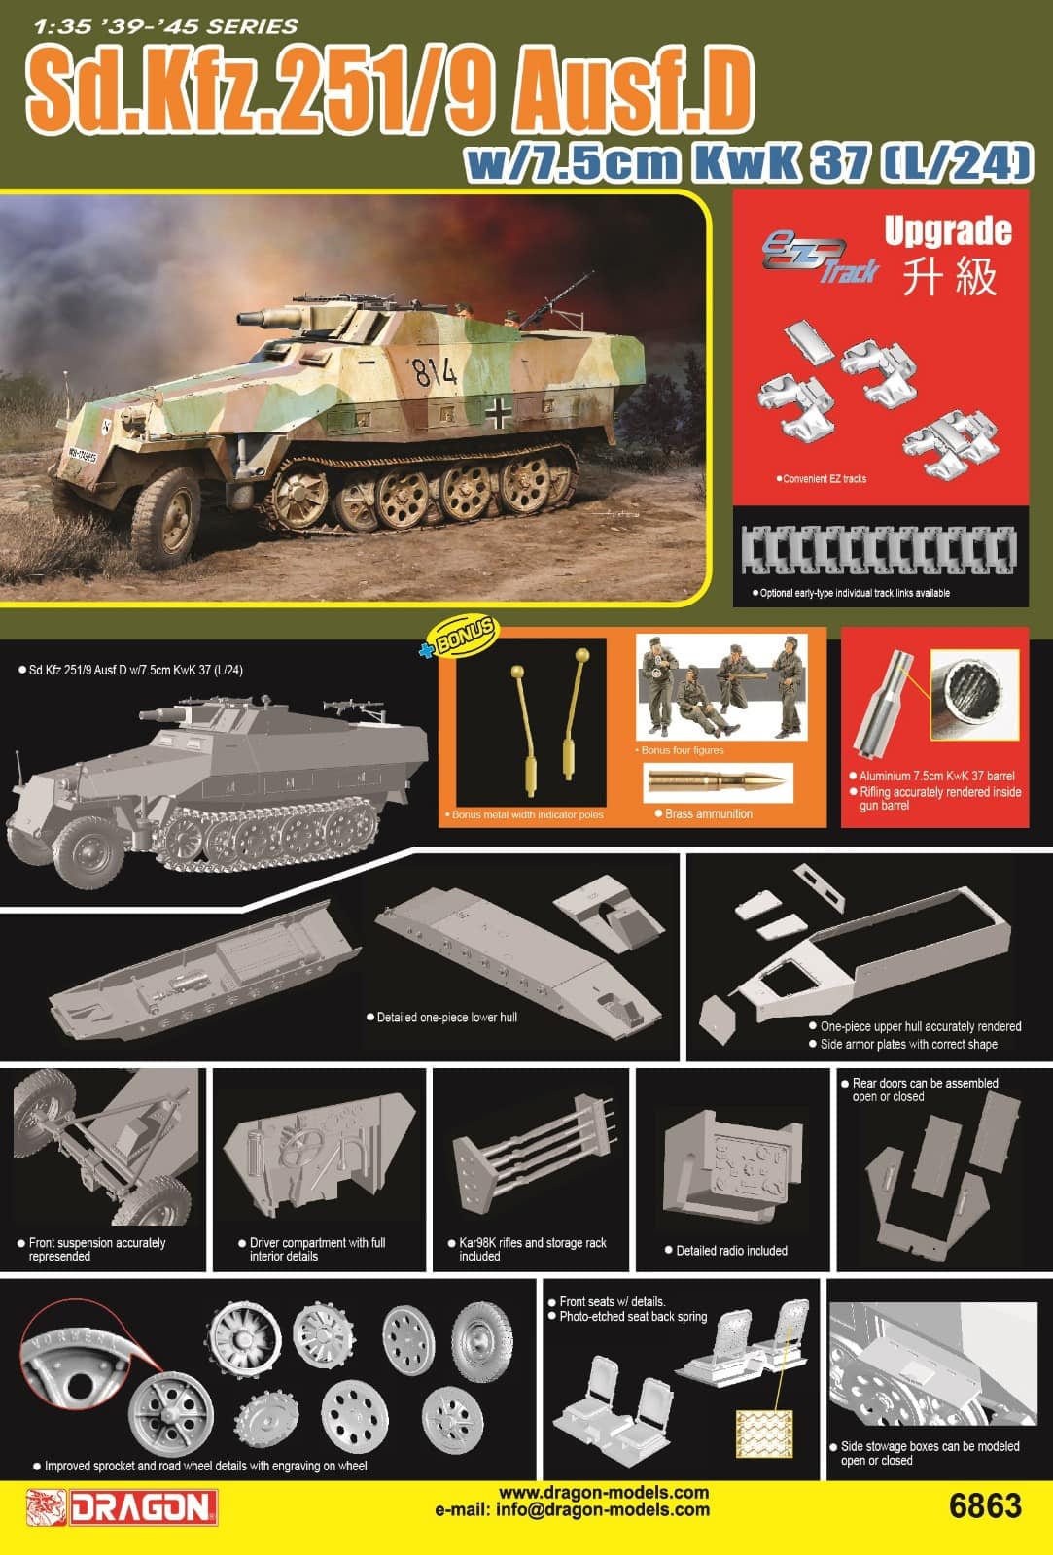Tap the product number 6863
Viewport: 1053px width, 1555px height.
click(x=984, y=1505)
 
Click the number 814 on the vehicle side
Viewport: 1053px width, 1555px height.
click(x=433, y=371)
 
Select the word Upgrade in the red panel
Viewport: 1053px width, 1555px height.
click(x=947, y=231)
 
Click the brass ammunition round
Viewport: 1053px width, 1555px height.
click(x=719, y=781)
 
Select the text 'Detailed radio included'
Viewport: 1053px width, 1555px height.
click(x=731, y=1251)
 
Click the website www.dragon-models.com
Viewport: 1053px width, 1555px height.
click(x=604, y=1492)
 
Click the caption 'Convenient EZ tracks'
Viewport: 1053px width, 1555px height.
click(x=823, y=479)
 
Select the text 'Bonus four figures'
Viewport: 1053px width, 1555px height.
click(x=683, y=750)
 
